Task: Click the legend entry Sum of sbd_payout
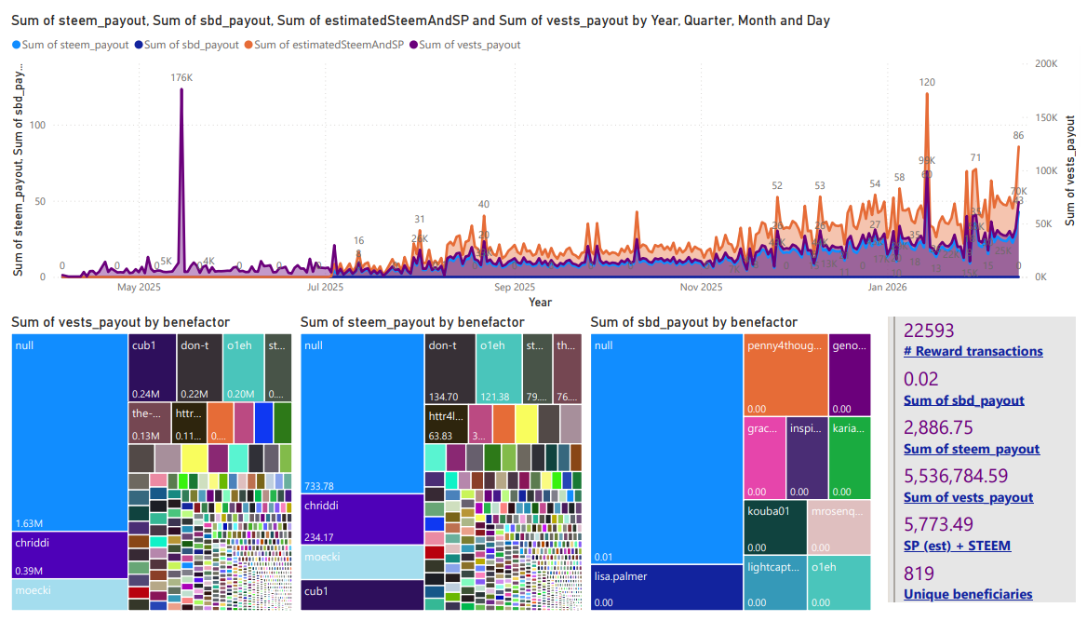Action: (192, 45)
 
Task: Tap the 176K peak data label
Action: (181, 78)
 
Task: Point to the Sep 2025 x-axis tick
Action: (515, 288)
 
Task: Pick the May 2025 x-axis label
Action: (140, 288)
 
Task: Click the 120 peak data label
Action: (927, 83)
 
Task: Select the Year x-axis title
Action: (540, 302)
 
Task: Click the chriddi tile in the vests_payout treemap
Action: (70, 554)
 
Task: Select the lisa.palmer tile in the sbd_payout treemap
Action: (666, 587)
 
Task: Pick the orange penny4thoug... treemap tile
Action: (785, 372)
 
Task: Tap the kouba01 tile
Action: (775, 527)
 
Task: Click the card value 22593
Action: (929, 331)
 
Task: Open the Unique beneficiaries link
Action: (967, 594)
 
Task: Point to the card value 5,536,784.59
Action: (956, 476)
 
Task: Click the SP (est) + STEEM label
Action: (957, 546)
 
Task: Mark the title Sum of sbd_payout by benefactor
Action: (693, 322)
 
